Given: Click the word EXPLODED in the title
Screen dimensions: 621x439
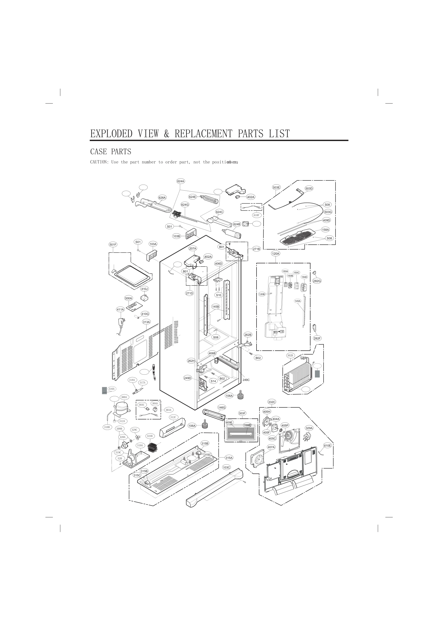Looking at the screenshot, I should (x=111, y=134).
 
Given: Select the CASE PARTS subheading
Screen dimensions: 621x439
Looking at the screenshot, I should (x=111, y=152).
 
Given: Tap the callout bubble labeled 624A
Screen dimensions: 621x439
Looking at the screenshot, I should (x=181, y=181).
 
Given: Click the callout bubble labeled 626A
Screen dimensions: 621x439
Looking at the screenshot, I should (x=162, y=198).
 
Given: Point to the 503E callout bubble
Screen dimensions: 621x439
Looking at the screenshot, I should (x=276, y=187).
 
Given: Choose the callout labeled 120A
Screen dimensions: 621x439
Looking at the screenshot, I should (x=276, y=254).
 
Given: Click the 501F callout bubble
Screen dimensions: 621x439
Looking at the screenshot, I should (x=113, y=245).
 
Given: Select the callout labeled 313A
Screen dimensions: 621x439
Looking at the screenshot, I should (x=146, y=322).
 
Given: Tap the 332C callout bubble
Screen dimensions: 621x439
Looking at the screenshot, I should (x=272, y=402).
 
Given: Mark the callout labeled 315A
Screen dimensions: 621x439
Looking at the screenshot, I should (x=229, y=458).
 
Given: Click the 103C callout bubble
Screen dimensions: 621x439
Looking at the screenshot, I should (x=226, y=467).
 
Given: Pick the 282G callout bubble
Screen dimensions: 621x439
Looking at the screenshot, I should (x=317, y=281).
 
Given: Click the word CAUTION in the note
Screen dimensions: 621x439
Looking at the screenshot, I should (x=99, y=162).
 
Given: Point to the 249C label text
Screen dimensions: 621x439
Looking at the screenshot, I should (x=246, y=380).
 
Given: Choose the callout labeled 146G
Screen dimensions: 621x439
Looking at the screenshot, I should (x=222, y=407).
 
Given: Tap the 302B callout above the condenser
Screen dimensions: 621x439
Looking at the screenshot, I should (x=290, y=355).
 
